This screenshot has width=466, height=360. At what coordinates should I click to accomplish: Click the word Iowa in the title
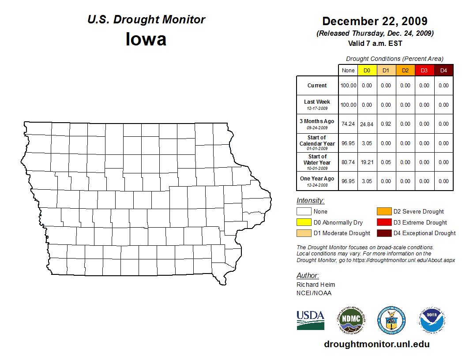pyautogui.click(x=146, y=39)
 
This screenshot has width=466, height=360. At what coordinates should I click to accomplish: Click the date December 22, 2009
pyautogui.click(x=375, y=21)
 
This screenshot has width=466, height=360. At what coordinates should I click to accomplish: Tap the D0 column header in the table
pyautogui.click(x=367, y=71)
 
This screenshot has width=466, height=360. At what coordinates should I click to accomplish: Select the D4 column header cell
pyautogui.click(x=443, y=71)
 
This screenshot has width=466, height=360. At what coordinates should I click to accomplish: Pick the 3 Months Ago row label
pyautogui.click(x=317, y=124)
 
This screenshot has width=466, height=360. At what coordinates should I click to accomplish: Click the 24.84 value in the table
pyautogui.click(x=367, y=124)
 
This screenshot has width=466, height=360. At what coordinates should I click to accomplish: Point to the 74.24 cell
pyautogui.click(x=348, y=124)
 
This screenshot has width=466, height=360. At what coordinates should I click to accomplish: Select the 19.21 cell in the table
pyautogui.click(x=367, y=162)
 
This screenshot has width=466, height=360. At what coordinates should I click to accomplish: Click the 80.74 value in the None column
pyautogui.click(x=348, y=162)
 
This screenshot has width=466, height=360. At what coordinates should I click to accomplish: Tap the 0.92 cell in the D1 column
pyautogui.click(x=386, y=124)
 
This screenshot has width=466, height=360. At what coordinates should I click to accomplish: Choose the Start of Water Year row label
pyautogui.click(x=317, y=162)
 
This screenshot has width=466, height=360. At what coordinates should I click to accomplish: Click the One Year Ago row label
pyautogui.click(x=317, y=181)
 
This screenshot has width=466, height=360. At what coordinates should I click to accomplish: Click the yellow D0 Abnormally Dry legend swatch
pyautogui.click(x=304, y=222)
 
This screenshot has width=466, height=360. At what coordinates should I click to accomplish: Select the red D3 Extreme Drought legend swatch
pyautogui.click(x=383, y=222)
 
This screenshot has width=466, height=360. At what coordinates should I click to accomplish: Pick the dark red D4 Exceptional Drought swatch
pyautogui.click(x=383, y=233)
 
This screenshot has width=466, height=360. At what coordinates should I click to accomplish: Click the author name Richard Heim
pyautogui.click(x=316, y=285)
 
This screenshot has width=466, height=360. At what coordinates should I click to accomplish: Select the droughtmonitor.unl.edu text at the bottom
pyautogui.click(x=376, y=344)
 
